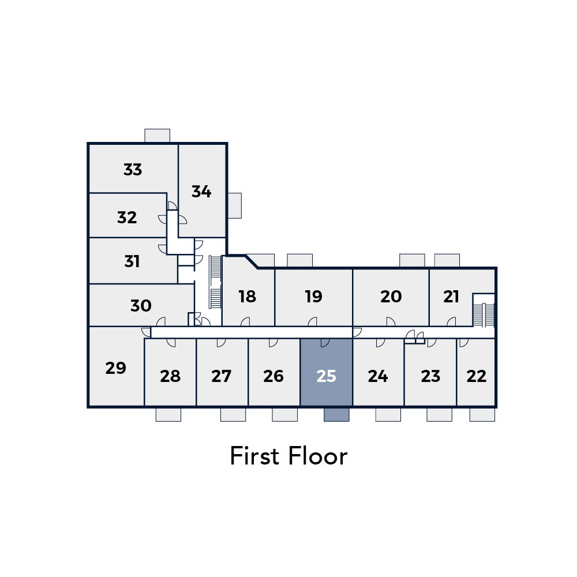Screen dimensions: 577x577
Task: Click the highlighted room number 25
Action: tap(326, 376)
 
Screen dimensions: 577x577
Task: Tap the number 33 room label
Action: tap(133, 170)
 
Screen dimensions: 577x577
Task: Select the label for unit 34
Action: tap(201, 192)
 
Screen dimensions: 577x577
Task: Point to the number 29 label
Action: tap(115, 368)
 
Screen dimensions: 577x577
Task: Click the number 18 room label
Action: tap(247, 296)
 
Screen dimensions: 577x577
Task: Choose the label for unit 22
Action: tap(476, 376)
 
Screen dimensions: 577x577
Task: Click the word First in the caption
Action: tap(254, 456)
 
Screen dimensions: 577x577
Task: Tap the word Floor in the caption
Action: tap(317, 456)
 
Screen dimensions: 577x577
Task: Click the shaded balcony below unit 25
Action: tap(336, 415)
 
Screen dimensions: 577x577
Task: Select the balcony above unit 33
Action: tap(157, 136)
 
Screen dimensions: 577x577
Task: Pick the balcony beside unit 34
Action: tap(235, 206)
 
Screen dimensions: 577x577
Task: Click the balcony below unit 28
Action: tap(168, 415)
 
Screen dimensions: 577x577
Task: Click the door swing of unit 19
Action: tap(312, 321)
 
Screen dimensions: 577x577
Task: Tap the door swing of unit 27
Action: tap(221, 343)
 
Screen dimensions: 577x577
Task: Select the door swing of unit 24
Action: tap(380, 343)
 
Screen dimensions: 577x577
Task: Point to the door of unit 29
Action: tap(146, 332)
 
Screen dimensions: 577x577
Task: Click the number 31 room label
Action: tap(132, 261)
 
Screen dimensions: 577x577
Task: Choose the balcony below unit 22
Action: tap(482, 415)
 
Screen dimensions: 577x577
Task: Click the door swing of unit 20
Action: tap(391, 321)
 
